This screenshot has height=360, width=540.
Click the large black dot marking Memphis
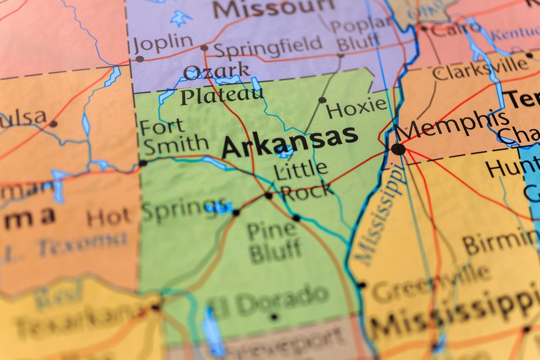point(398,149)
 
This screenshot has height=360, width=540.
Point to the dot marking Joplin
point(139,59)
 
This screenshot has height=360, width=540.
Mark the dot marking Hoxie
point(322,100)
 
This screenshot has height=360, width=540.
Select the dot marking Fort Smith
point(143,162)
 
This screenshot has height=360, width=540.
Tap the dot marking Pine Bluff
point(296,218)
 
